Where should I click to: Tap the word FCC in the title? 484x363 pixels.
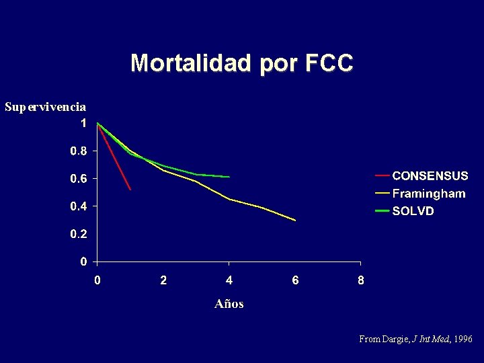[328, 63]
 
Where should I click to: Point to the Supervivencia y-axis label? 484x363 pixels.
[45, 107]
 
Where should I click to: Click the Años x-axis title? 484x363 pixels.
[229, 304]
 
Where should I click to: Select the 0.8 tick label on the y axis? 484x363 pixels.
[79, 151]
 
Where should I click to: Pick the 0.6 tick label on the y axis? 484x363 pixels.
[79, 179]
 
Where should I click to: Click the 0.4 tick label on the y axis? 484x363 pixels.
[79, 206]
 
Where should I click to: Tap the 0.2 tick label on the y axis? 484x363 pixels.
[79, 234]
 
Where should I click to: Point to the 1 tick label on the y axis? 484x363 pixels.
[83, 124]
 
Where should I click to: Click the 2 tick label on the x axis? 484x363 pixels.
[163, 280]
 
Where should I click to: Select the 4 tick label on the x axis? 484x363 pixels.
[229, 280]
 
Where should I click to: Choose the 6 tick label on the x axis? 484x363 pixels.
[295, 280]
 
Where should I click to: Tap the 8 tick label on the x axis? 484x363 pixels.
[361, 280]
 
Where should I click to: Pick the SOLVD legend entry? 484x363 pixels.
[413, 211]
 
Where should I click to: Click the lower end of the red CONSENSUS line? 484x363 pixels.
[130, 190]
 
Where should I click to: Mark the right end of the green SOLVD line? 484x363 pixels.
[229, 177]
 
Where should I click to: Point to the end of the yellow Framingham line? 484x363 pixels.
[295, 220]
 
